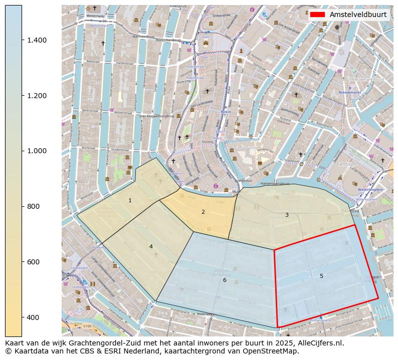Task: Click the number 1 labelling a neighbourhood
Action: click(130, 200)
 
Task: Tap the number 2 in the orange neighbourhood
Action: click(203, 212)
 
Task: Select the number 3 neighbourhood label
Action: click(287, 215)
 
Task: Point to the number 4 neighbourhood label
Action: click(151, 246)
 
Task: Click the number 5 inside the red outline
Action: click(321, 276)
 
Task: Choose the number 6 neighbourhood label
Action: click(225, 280)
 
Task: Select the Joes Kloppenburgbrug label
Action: click(157, 116)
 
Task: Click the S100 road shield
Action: click(87, 326)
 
